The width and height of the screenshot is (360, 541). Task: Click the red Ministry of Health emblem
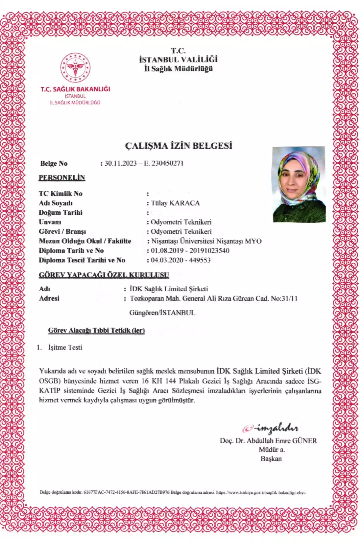tap(75, 68)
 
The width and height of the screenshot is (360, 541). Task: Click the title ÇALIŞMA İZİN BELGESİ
tap(178, 146)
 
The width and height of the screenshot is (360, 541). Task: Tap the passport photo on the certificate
tap(299, 184)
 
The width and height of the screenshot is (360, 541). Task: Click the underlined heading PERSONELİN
tap(62, 178)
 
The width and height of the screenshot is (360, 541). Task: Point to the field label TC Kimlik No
tap(61, 193)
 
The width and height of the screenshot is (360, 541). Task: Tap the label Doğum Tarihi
tap(61, 212)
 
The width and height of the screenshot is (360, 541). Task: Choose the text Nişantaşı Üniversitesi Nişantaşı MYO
tap(206, 241)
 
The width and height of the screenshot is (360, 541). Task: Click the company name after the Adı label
tap(169, 289)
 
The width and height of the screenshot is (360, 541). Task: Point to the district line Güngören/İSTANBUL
tap(162, 313)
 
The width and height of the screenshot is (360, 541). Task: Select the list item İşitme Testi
tap(65, 347)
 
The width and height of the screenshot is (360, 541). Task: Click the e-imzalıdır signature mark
tap(270, 428)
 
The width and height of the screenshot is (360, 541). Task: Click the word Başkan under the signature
tap(271, 459)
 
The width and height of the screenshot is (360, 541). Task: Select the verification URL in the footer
tap(261, 493)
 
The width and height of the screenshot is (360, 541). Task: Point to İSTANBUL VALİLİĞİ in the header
tap(178, 60)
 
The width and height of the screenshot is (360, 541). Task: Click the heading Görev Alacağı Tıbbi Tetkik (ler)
tap(96, 330)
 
